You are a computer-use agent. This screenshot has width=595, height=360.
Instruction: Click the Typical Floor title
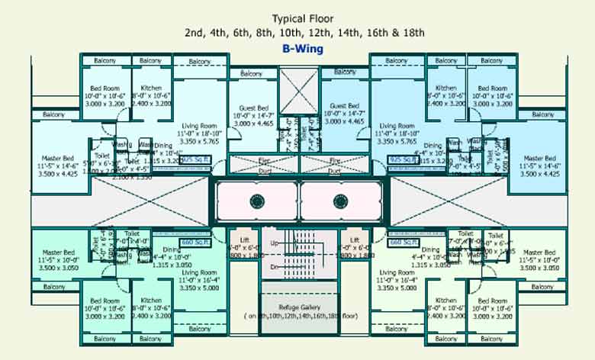[304, 18]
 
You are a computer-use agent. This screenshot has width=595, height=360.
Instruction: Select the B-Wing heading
[302, 48]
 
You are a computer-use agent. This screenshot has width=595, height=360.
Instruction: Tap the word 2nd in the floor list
[194, 33]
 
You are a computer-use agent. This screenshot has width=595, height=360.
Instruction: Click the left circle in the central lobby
[256, 201]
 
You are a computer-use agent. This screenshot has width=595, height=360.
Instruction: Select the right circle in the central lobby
[341, 201]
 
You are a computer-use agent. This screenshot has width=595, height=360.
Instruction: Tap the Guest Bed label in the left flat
[253, 106]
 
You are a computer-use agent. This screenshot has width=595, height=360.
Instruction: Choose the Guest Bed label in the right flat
[344, 106]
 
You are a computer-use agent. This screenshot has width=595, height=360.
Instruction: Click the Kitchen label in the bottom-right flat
[445, 300]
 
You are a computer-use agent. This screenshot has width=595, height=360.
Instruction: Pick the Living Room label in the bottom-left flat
[199, 272]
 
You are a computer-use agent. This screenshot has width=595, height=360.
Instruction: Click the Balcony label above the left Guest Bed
[252, 73]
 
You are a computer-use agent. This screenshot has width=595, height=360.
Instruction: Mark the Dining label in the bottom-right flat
[432, 249]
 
